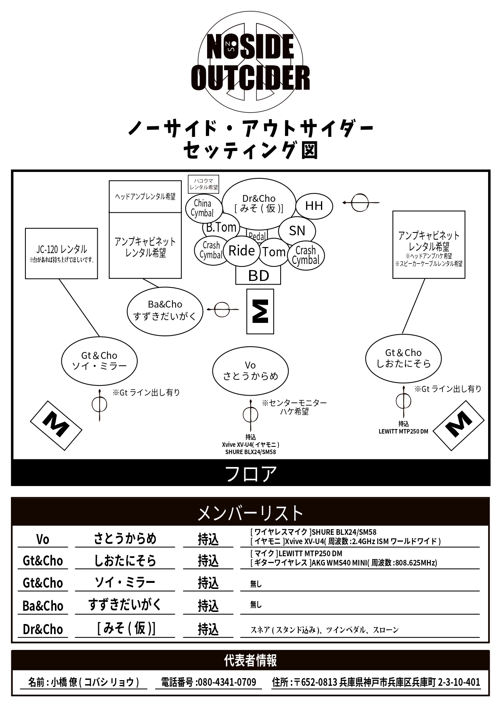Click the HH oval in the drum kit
coord(314,206)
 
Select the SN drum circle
coord(297,230)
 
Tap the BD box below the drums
coord(258,276)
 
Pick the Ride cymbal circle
coord(241,251)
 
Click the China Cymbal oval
coord(203,208)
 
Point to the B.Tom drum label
coord(221,227)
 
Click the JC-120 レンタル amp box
coord(61,253)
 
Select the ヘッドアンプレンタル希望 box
coord(145,197)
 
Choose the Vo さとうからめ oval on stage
coord(250,371)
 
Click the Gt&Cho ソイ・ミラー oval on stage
coord(99,361)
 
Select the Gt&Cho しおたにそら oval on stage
coord(403,358)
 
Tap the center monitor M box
coord(260,311)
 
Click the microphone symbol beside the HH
coord(360,202)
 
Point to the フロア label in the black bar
coord(250,473)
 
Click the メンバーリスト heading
coord(250,513)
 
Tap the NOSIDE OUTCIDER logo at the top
coord(250,63)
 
